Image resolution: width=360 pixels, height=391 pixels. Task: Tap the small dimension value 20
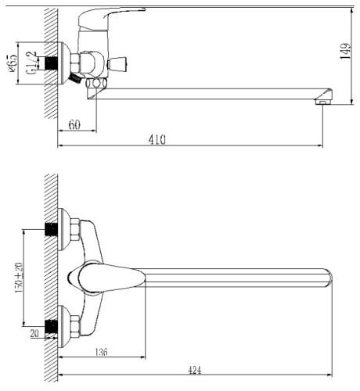click(x=35, y=332)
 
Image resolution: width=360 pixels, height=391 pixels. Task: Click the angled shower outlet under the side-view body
click(x=74, y=80)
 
